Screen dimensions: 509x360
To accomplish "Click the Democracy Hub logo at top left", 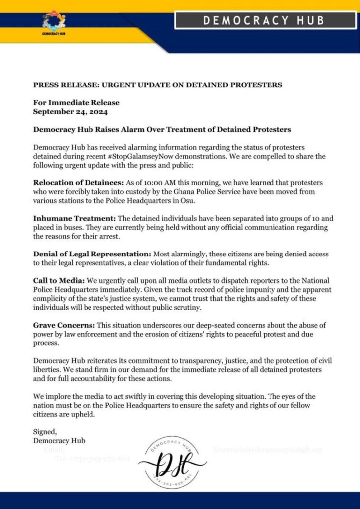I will (x=54, y=23).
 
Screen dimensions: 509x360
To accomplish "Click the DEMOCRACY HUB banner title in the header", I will (x=264, y=20).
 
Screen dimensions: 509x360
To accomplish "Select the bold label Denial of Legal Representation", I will (x=92, y=254).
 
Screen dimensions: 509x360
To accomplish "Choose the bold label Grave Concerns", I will (x=64, y=325).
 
